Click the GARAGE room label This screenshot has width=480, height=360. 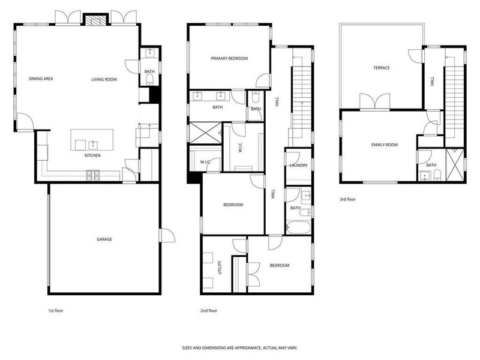104,239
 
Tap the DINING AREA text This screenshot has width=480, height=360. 41,79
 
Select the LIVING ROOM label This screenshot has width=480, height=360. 104,79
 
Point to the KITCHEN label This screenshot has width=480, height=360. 92,155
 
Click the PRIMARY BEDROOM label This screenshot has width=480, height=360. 229,58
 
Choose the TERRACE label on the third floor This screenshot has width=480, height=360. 381,68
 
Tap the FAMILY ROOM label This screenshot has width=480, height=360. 385,145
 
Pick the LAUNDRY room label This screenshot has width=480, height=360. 298,165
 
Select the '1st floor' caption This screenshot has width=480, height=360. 56,311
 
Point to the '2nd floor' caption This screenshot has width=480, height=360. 209,311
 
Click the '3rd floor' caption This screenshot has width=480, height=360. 347,199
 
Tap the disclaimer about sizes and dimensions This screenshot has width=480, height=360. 240,347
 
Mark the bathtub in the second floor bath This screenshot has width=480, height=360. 298,228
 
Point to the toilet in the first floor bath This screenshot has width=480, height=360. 149,79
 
